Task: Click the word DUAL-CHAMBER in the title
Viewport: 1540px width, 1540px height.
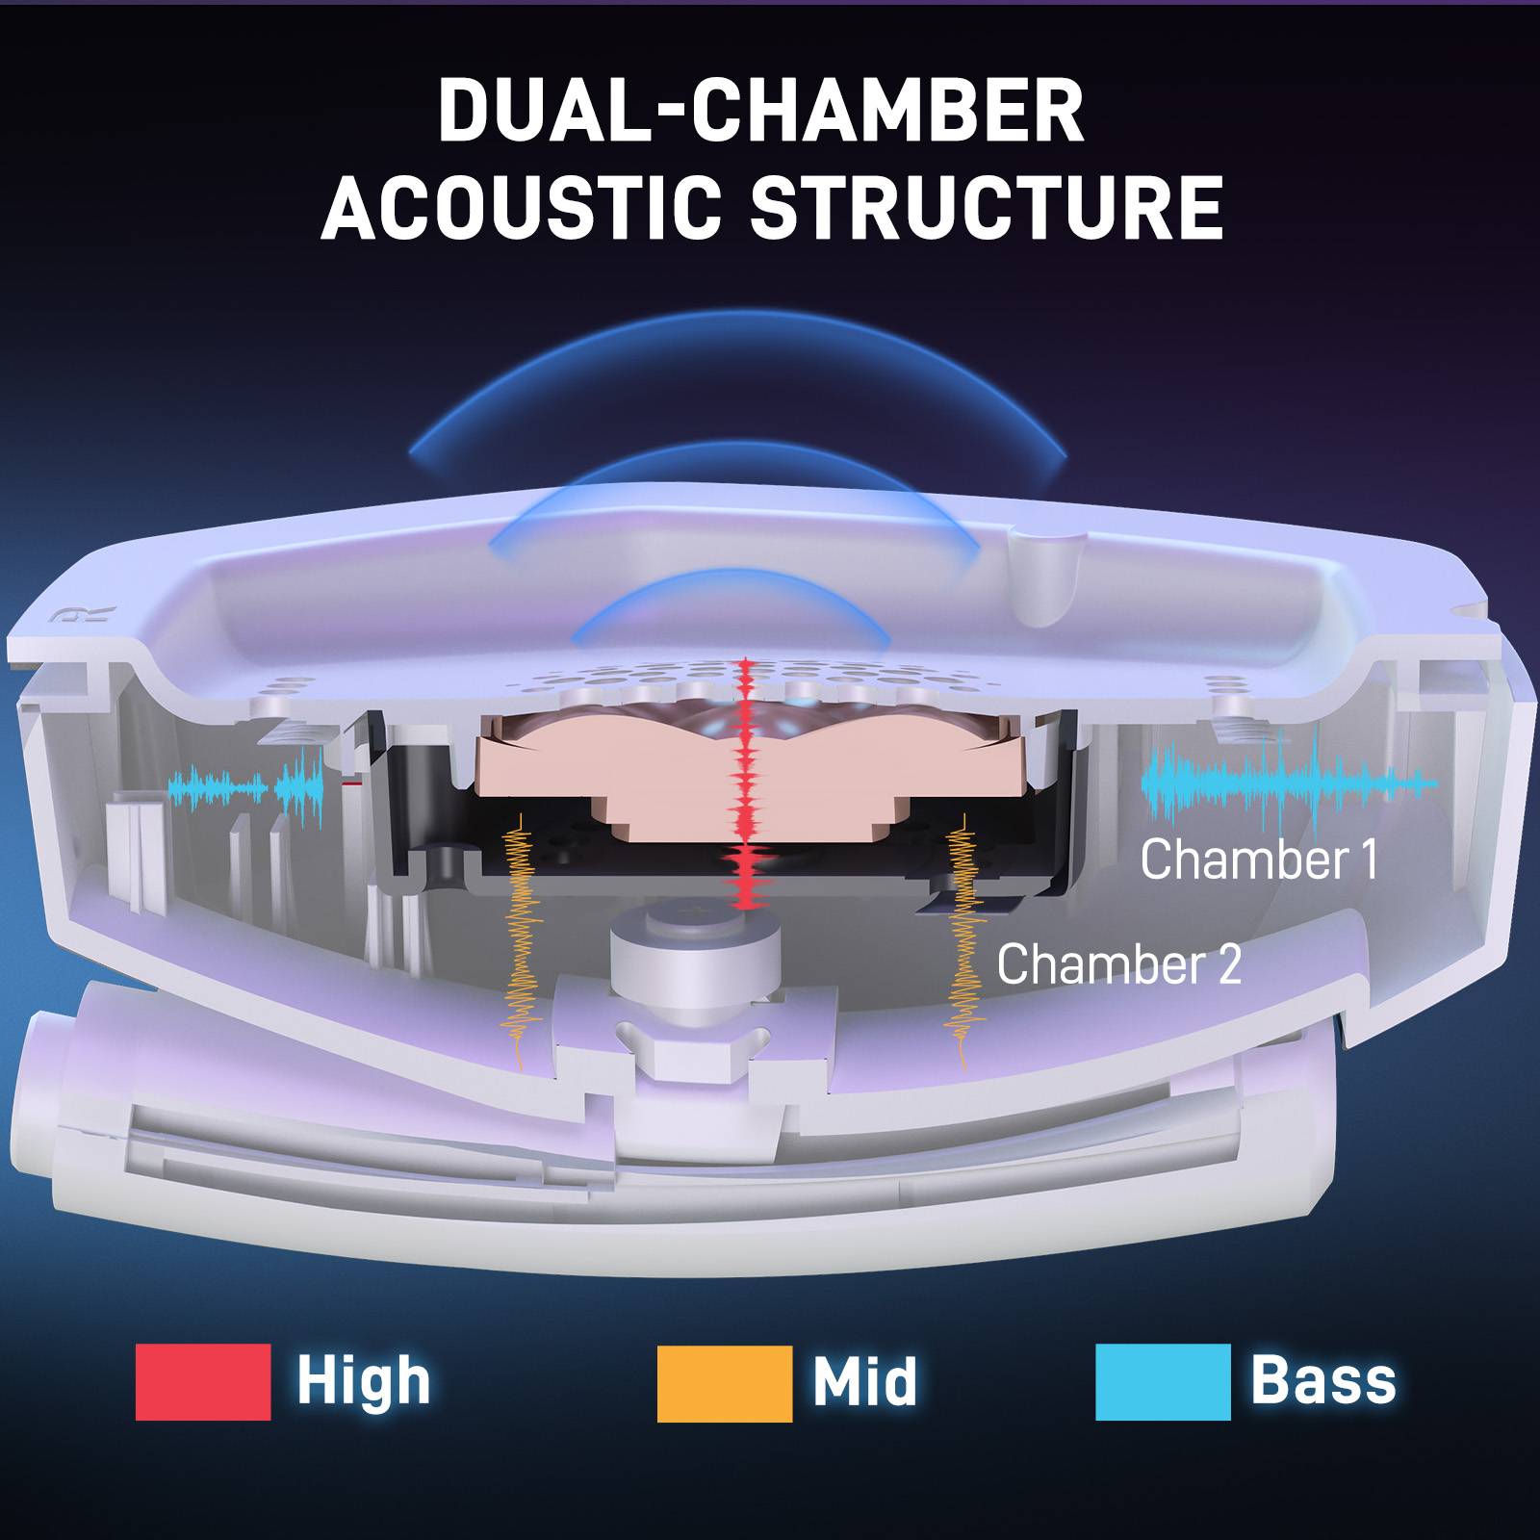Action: (x=761, y=110)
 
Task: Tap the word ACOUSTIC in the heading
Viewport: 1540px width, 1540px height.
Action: (x=521, y=208)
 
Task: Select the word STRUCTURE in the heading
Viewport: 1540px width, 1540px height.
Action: (x=987, y=208)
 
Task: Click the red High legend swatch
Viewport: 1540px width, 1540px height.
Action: (x=203, y=1382)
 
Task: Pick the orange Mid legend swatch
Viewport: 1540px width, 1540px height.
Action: (x=725, y=1384)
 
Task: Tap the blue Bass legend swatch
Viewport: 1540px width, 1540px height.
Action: (x=1163, y=1382)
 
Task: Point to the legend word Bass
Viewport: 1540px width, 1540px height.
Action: (x=1323, y=1380)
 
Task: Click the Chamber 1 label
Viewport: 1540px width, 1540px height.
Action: (x=1259, y=860)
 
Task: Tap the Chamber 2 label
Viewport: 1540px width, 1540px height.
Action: (x=1118, y=964)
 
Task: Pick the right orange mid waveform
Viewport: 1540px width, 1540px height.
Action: (x=963, y=941)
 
